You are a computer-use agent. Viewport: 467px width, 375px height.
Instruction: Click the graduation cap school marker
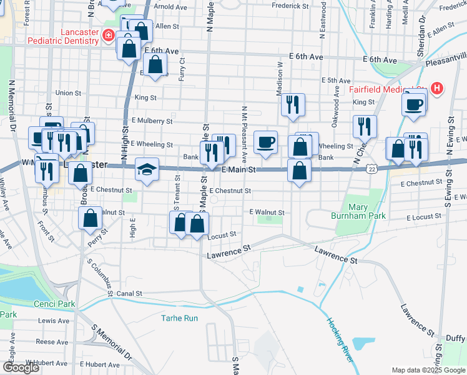pyautogui.click(x=147, y=170)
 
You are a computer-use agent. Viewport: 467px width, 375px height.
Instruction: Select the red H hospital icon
pyautogui.click(x=436, y=89)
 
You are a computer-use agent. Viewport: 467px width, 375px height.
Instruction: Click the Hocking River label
pyautogui.click(x=339, y=341)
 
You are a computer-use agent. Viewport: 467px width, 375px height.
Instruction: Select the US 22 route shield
pyautogui.click(x=372, y=169)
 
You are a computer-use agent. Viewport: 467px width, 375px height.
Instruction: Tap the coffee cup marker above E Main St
pyautogui.click(x=265, y=142)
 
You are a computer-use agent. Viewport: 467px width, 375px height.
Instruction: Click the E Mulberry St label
pyautogui.click(x=152, y=121)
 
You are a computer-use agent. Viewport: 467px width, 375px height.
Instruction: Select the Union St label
pyautogui.click(x=68, y=93)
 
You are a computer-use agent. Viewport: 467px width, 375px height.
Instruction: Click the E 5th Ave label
pyautogui.click(x=336, y=81)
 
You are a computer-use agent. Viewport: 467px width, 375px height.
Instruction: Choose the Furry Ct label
pyautogui.click(x=182, y=66)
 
